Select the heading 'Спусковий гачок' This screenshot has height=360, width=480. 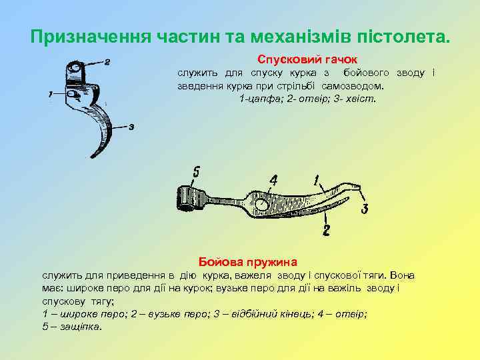point(307,59)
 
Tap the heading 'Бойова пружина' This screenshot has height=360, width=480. point(248,261)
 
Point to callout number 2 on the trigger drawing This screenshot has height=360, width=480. point(107,63)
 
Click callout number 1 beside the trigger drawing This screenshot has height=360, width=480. point(51,95)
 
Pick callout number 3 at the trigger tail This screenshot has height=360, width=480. point(131,127)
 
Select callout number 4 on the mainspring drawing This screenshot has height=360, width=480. point(273,181)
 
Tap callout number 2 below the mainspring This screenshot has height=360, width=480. point(325,231)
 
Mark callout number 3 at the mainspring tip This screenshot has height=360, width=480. point(365,209)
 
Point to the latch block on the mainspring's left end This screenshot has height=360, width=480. point(188,197)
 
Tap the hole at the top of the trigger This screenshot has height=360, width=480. point(76,68)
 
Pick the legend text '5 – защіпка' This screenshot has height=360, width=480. point(72,327)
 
